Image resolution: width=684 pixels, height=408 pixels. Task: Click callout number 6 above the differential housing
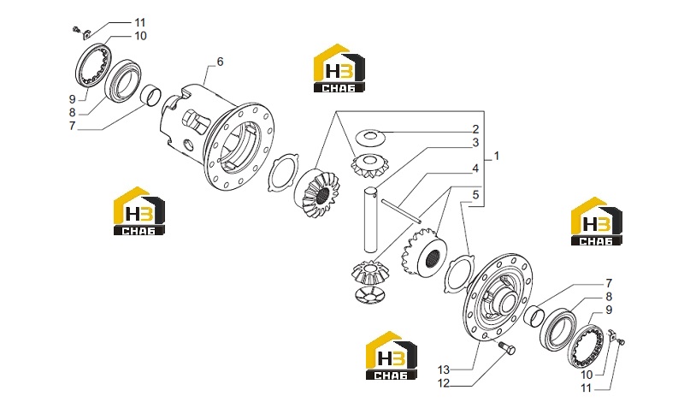pyautogui.click(x=220, y=62)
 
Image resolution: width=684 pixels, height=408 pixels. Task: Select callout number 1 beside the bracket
pyautogui.click(x=496, y=156)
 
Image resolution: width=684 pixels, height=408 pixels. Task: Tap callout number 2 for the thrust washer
pyautogui.click(x=475, y=129)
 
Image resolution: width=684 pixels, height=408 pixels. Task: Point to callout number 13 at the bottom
pyautogui.click(x=443, y=370)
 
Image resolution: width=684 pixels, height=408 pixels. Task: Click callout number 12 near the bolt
pyautogui.click(x=443, y=383)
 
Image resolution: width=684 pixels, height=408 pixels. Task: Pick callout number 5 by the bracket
pyautogui.click(x=475, y=195)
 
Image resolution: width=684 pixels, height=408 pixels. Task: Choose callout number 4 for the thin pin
pyautogui.click(x=475, y=169)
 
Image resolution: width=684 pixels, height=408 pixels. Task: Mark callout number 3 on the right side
pyautogui.click(x=475, y=143)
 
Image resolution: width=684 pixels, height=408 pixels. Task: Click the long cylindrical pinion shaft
pyautogui.click(x=371, y=219)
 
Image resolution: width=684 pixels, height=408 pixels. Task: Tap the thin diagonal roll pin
pyautogui.click(x=401, y=210)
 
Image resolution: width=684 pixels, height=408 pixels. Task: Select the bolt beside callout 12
pyautogui.click(x=506, y=348)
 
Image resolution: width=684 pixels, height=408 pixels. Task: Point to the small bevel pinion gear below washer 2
pyautogui.click(x=369, y=166)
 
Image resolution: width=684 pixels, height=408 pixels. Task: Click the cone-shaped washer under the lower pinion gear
pyautogui.click(x=369, y=295)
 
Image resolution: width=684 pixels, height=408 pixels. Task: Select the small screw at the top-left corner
pyautogui.click(x=76, y=30)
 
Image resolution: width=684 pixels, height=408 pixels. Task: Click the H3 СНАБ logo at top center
pyautogui.click(x=339, y=68)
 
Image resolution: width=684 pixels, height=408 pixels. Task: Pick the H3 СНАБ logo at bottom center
pyautogui.click(x=392, y=355)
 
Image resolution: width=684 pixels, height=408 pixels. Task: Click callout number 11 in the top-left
pyautogui.click(x=139, y=23)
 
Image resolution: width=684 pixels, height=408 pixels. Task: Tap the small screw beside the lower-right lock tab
pyautogui.click(x=622, y=343)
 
